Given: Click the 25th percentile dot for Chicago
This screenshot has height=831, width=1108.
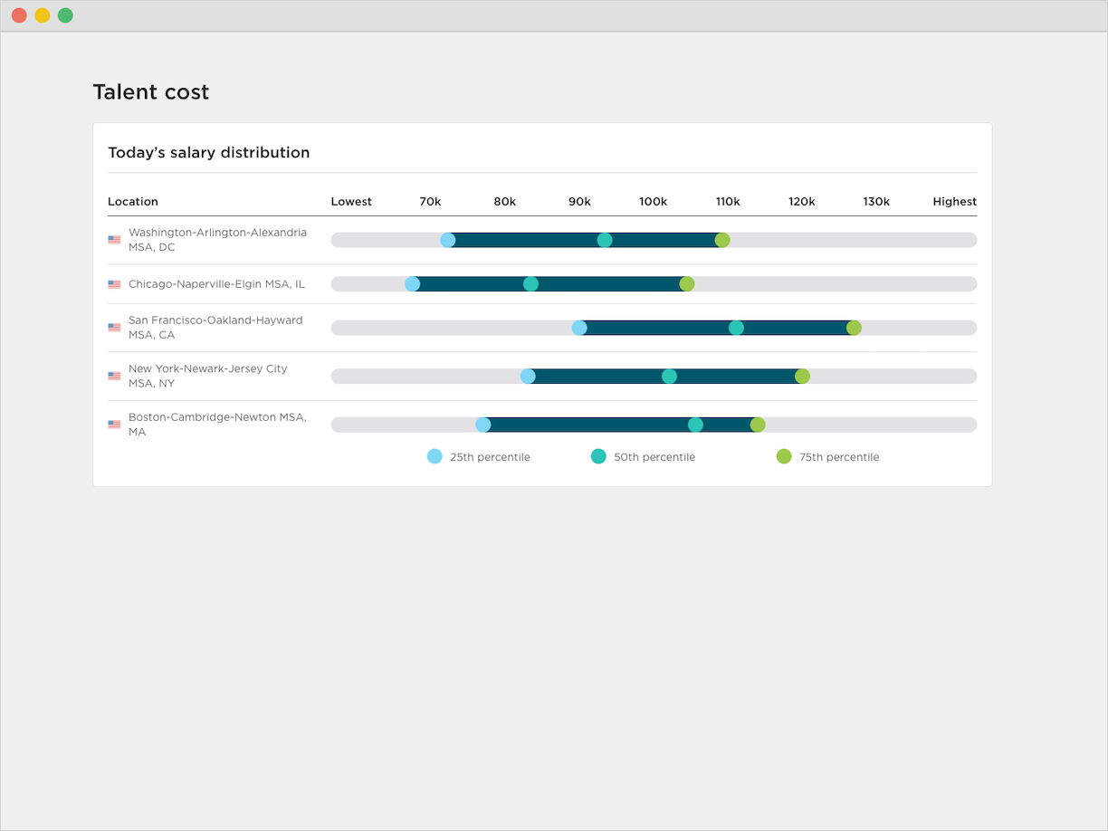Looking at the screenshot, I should pyautogui.click(x=412, y=284).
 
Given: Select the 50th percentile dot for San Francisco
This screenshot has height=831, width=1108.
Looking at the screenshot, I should pyautogui.click(x=736, y=328).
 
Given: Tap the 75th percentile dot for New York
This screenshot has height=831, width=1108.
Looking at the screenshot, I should pyautogui.click(x=802, y=377).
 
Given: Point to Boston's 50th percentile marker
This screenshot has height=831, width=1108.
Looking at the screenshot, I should pyautogui.click(x=695, y=425).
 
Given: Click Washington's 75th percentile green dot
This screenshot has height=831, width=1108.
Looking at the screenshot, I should pyautogui.click(x=722, y=240).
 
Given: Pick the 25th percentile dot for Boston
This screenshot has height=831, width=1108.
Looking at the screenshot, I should pyautogui.click(x=483, y=425).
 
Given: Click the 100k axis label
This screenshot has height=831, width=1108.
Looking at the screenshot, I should pyautogui.click(x=653, y=202).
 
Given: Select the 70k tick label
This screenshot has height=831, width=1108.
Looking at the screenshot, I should pyautogui.click(x=430, y=202).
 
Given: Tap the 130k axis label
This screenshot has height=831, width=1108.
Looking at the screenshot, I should pyautogui.click(x=875, y=202).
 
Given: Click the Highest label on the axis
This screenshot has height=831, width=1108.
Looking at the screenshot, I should pyautogui.click(x=954, y=202).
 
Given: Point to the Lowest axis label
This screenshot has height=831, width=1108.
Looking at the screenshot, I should pyautogui.click(x=351, y=202).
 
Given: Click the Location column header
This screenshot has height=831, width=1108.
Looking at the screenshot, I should pyautogui.click(x=133, y=202).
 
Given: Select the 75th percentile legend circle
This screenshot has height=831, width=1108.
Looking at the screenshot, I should pyautogui.click(x=784, y=456).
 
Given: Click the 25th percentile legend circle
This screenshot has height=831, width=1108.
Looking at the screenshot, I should pyautogui.click(x=435, y=456).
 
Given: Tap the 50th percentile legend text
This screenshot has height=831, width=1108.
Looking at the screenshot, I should pyautogui.click(x=654, y=457).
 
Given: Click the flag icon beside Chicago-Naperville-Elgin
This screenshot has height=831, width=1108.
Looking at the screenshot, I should pyautogui.click(x=114, y=284).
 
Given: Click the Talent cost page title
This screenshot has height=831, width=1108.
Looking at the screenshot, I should pyautogui.click(x=151, y=91).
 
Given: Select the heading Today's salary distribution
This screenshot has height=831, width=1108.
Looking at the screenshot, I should pyautogui.click(x=209, y=152).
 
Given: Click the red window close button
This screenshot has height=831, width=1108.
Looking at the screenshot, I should pyautogui.click(x=19, y=15).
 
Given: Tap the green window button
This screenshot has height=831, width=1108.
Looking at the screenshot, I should pyautogui.click(x=65, y=15).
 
